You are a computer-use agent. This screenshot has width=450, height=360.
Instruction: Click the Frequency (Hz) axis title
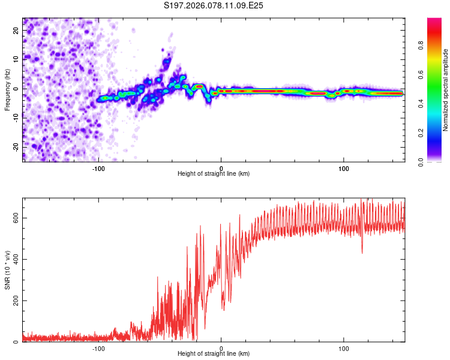coord(7,89)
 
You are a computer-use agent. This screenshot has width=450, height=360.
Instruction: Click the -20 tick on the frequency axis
coord(16,147)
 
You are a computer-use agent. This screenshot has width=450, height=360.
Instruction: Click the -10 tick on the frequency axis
coord(16,118)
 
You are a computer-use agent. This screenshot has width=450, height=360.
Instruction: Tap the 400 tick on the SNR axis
coord(14,259)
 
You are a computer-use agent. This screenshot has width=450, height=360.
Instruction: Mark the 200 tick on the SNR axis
coord(14,301)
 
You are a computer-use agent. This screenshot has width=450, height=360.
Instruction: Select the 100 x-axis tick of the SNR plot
coord(344,347)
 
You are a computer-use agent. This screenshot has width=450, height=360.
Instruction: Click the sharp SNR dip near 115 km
coord(362,252)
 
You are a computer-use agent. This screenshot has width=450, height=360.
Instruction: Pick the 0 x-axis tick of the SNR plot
coord(221,347)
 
